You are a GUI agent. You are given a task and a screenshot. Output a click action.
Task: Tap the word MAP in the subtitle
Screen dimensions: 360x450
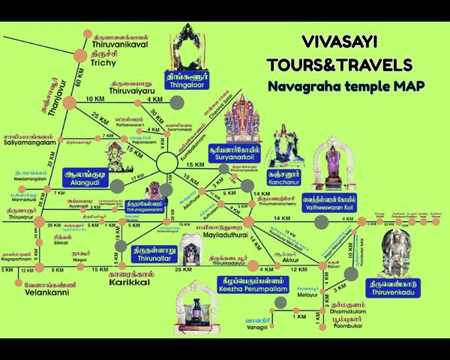[388, 86]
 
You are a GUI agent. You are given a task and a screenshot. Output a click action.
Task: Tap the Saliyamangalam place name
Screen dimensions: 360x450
[27, 142]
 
